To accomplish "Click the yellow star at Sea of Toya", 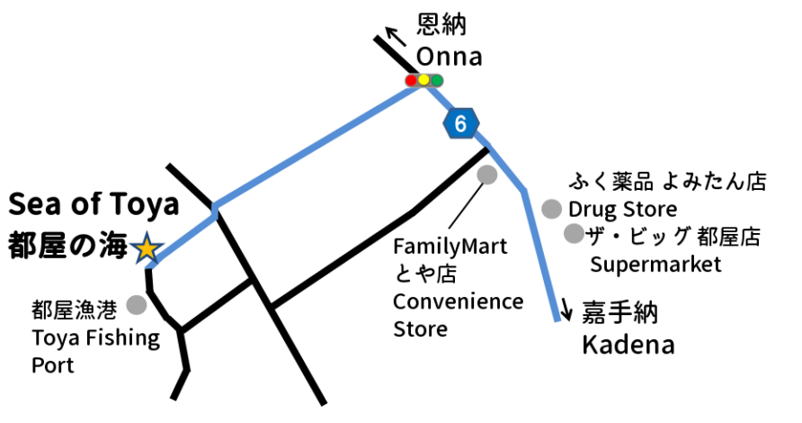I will [146, 248].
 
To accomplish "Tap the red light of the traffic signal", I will [412, 81].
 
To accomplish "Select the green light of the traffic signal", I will [437, 81].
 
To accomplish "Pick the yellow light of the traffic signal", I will [424, 81].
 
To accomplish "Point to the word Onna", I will [449, 57].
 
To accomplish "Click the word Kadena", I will [628, 345].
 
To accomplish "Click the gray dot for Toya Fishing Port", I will [137, 305].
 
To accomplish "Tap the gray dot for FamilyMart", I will [486, 175].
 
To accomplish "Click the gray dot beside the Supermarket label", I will [573, 234].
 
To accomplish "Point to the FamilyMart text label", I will [450, 246].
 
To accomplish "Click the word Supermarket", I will [655, 265].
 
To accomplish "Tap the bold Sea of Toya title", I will [94, 205].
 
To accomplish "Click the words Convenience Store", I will [458, 314].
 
